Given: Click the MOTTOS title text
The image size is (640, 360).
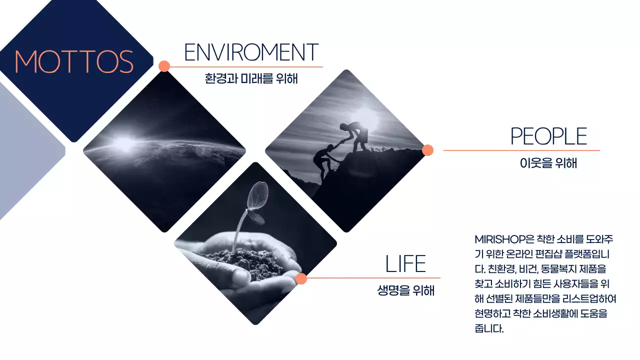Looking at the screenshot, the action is tap(74, 61).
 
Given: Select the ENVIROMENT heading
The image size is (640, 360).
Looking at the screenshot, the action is tap(251, 52).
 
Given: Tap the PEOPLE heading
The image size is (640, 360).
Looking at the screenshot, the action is tap(548, 136).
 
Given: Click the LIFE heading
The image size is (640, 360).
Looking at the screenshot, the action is tap(405, 263).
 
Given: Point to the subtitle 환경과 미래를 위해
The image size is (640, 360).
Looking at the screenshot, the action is tap(251, 78).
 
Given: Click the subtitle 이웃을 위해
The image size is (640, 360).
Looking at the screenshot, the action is tap(548, 163).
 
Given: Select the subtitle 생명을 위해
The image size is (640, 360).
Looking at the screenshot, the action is tap(405, 290).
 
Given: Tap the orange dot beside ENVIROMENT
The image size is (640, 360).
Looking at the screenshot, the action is tap(164, 66).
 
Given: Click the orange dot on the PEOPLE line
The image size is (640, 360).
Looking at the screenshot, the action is tap(427, 150).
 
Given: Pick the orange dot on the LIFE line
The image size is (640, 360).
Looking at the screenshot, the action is tap(301, 278).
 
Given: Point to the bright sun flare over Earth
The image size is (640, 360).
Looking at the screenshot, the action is tap(123, 143).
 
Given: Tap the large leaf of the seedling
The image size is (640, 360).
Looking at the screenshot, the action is tap(257, 195).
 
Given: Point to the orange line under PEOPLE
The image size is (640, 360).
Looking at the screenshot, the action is tap(521, 150).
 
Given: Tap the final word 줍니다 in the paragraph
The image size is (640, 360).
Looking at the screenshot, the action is tap(489, 328).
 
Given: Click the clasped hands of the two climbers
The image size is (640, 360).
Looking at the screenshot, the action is tap(341, 142).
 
